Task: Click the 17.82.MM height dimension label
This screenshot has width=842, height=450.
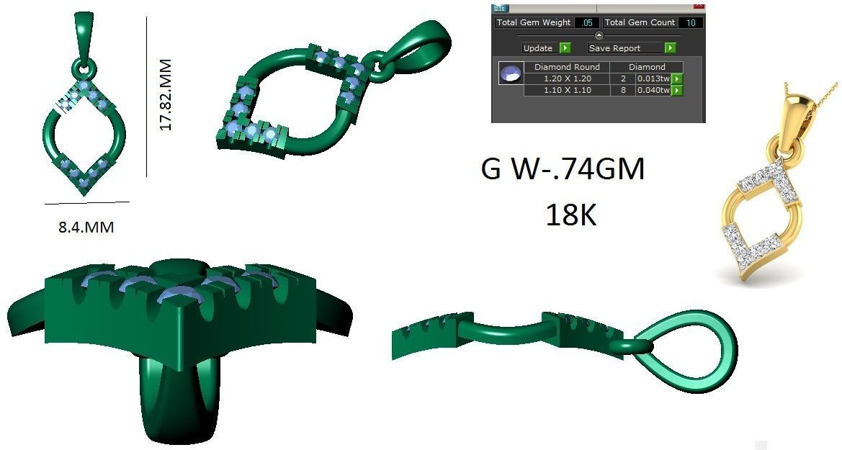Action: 166,95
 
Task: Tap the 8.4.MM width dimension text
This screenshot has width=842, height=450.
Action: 86,228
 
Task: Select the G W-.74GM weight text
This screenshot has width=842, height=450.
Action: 562,171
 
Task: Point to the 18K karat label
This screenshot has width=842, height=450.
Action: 570,215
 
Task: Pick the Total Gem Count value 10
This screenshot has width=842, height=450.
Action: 690,23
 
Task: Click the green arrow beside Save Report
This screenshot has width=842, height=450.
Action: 670,48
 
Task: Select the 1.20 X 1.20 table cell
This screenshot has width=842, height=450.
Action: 567,78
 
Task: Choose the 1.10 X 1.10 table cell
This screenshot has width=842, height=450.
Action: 567,90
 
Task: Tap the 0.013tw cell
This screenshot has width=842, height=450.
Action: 653,78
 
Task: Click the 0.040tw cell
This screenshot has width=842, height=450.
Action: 653,90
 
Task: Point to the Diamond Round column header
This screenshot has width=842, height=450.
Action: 567,67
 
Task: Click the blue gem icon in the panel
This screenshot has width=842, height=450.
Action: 511,73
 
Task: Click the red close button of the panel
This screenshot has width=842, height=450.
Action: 698,6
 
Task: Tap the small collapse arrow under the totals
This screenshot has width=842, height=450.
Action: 599,35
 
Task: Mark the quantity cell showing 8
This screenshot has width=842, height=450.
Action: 622,90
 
